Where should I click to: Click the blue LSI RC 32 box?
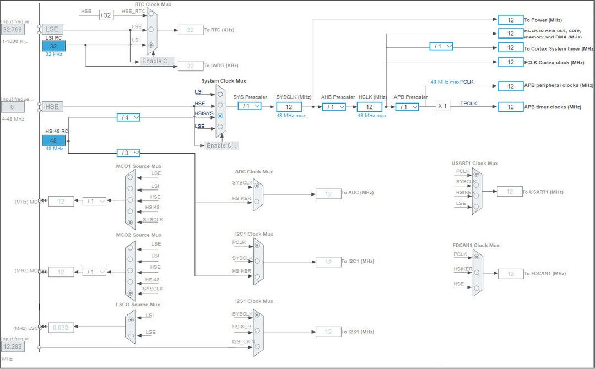click(x=53, y=46)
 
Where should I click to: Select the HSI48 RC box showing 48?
click(x=53, y=140)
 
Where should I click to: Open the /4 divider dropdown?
click(x=128, y=117)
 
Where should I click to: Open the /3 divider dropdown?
click(x=128, y=153)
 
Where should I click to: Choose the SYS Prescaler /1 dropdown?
click(x=250, y=106)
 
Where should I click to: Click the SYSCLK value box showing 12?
click(x=289, y=107)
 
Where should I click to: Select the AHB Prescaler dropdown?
click(x=334, y=107)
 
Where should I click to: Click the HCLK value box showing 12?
click(x=369, y=107)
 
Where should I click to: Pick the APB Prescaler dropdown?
click(x=407, y=107)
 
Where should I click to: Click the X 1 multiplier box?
click(x=443, y=106)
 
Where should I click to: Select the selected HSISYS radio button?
click(x=220, y=116)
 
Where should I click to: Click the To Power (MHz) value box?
click(x=510, y=20)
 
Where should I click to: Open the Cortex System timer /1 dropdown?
click(x=441, y=46)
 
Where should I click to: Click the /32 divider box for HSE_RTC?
click(x=106, y=15)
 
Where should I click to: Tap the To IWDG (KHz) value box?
click(x=190, y=66)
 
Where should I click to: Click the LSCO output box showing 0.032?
click(x=61, y=328)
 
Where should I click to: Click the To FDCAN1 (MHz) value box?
click(x=510, y=274)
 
